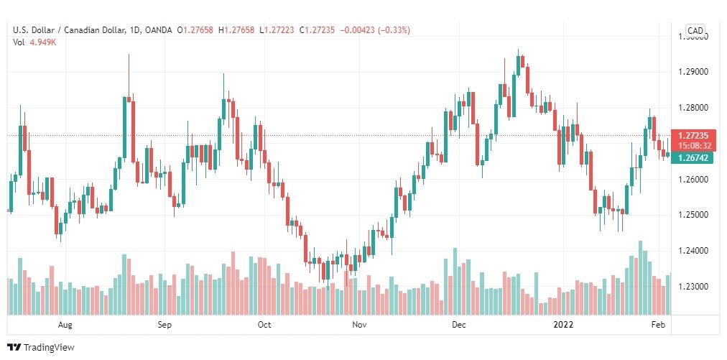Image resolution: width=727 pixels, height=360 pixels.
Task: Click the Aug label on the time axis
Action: click(65, 325)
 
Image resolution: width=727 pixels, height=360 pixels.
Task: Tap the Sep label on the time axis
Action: click(165, 325)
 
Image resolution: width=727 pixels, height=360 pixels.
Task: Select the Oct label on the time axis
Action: click(264, 325)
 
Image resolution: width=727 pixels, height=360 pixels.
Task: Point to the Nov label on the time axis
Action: click(360, 325)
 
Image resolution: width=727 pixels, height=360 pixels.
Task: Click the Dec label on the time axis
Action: click(459, 325)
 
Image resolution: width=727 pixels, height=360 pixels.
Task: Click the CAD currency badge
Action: click(695, 30)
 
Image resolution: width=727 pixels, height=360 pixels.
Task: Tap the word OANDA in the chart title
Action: click(158, 30)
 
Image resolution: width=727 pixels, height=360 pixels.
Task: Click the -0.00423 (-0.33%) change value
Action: click(380, 30)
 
